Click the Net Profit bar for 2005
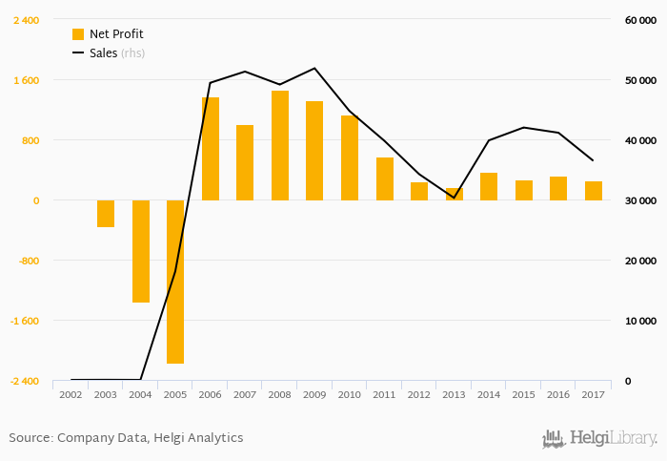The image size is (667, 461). coord(175,282)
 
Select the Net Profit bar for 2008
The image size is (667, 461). coord(280,145)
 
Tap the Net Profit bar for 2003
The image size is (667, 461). coord(106,213)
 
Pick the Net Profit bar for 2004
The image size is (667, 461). coord(141,251)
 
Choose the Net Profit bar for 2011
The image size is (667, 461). coord(385,178)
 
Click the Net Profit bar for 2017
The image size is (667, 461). coord(594,191)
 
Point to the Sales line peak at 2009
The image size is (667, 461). coord(314,69)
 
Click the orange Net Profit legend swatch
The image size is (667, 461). coord(78,34)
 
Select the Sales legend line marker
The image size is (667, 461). coord(78,53)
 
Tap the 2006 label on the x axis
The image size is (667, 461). coord(210,394)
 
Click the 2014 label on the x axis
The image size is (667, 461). coord(489,394)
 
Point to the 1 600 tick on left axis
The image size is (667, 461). coord(26,80)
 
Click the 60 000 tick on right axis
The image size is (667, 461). coord(640,20)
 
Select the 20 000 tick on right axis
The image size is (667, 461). coord(640,261)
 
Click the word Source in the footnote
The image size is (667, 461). coord(30,437)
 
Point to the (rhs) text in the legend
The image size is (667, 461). coord(132,53)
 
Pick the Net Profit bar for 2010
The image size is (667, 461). coord(350,157)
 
